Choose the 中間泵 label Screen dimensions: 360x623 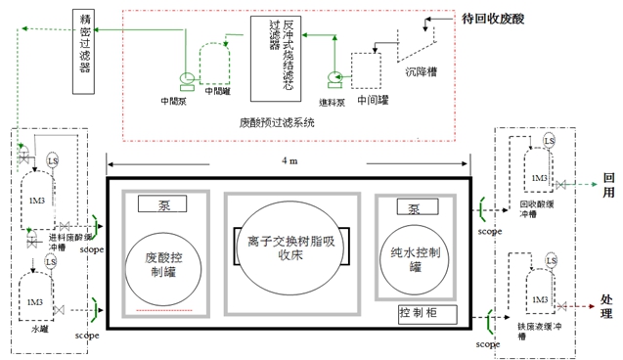174,100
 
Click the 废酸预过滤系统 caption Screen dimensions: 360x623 277,122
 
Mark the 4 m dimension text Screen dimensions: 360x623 289,160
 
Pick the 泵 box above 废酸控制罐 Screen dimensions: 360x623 162,203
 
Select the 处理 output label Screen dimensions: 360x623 608,304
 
